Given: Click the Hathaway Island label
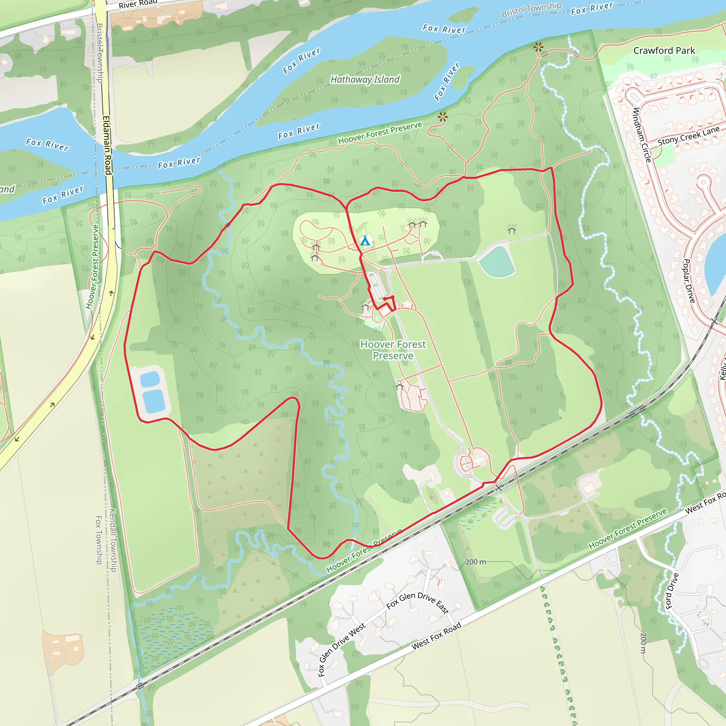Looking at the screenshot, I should (x=365, y=80).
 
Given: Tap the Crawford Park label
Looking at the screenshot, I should (x=664, y=51).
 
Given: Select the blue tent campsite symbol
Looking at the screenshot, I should (x=365, y=241).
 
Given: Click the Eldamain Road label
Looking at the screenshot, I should (x=107, y=145).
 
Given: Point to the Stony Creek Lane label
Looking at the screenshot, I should (x=688, y=136).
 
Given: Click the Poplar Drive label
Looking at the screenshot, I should (x=689, y=281).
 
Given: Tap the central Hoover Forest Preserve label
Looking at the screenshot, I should (x=393, y=350).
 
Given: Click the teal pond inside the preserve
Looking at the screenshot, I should (x=497, y=262).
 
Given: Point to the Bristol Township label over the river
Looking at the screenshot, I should (x=531, y=10).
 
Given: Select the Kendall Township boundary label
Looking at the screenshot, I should (x=113, y=540).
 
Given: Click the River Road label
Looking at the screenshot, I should (x=138, y=4).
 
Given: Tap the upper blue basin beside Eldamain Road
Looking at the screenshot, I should (x=150, y=379).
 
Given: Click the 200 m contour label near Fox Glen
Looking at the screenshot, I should (x=475, y=562).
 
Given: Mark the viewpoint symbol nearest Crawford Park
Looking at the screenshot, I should (x=538, y=48).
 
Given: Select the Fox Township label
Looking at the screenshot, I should (x=99, y=540).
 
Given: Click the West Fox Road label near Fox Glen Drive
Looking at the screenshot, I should (x=436, y=636).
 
